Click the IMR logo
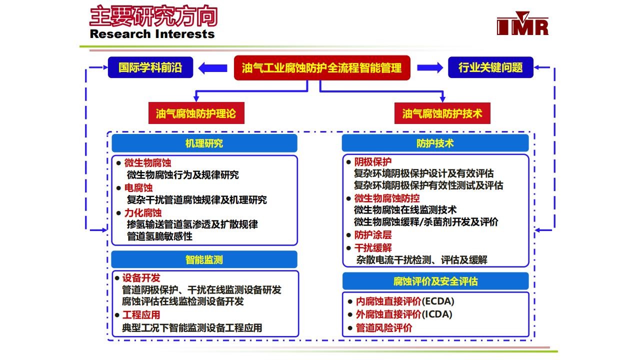[522, 23]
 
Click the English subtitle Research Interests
[152, 34]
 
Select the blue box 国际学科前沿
[150, 67]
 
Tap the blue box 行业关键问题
[490, 67]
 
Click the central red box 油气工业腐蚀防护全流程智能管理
[322, 67]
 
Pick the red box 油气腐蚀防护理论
[196, 113]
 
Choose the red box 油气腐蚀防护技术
[442, 113]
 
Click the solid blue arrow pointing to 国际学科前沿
[212, 68]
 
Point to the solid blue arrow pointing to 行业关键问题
[430, 67]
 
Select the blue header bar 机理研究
[204, 143]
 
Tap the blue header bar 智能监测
[204, 259]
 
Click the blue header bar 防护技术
[435, 143]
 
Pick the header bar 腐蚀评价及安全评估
[435, 281]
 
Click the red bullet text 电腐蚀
[138, 187]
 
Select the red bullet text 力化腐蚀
[143, 212]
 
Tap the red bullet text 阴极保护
[373, 161]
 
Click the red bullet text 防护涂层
[373, 235]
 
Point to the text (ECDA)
[437, 301]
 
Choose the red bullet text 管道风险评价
[383, 327]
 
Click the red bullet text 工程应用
[141, 314]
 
